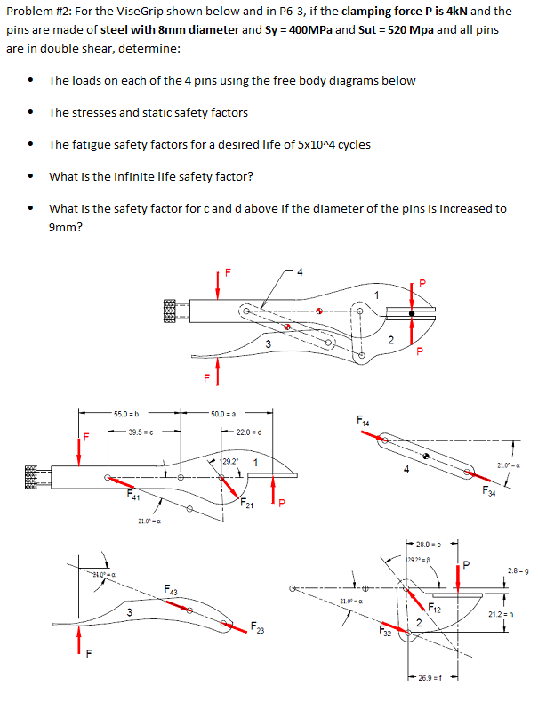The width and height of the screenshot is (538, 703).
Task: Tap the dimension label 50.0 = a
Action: [x=222, y=413]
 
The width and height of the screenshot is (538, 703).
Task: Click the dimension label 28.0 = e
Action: [x=429, y=544]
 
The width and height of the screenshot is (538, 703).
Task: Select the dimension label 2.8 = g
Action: [x=518, y=570]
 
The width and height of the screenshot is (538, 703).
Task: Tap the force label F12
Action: [x=437, y=609]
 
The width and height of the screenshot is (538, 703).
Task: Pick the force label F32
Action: [x=383, y=634]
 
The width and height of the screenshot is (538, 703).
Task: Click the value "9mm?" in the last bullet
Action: [x=65, y=226]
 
